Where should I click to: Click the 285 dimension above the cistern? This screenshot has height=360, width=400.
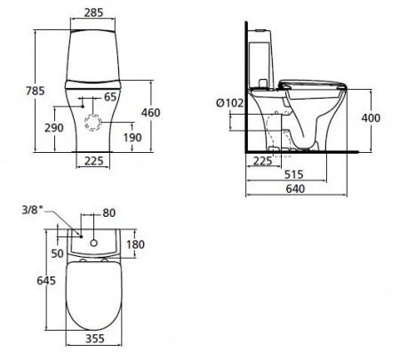click(x=93, y=12)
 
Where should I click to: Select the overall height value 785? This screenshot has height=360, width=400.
click(x=36, y=91)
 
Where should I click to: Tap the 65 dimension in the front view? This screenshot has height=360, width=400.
click(x=110, y=97)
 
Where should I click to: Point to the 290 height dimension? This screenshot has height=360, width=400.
click(x=54, y=128)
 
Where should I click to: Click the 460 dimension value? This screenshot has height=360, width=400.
click(x=150, y=113)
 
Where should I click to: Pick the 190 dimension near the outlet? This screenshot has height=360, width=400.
click(x=132, y=138)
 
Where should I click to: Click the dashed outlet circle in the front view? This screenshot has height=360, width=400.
click(x=93, y=122)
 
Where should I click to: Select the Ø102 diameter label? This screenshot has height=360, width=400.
click(x=230, y=103)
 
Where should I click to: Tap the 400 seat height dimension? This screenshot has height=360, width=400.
click(x=371, y=118)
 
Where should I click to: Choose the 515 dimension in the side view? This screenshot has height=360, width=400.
click(x=294, y=174)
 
